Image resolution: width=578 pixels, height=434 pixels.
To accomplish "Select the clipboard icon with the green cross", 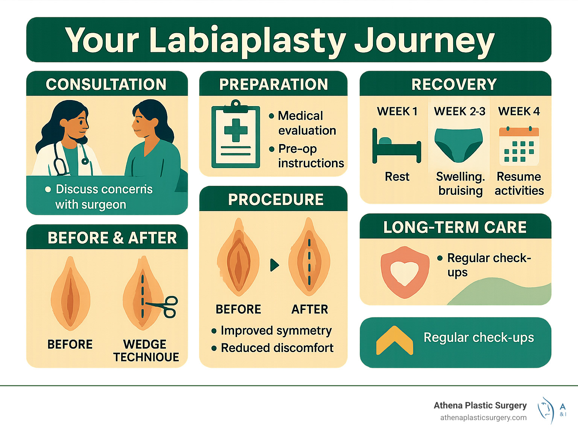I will click(236, 135).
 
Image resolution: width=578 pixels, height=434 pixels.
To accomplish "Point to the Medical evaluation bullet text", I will click(306, 123).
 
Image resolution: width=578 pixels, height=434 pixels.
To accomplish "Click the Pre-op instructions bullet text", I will click(310, 156).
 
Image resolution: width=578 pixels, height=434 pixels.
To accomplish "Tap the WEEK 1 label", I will click(397, 111).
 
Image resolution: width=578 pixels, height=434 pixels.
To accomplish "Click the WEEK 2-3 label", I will click(459, 111).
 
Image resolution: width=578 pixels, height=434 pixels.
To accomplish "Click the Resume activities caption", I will click(519, 184).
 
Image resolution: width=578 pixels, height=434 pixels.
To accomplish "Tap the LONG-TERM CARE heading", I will click(455, 227).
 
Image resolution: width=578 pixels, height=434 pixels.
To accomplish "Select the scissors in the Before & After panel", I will click(166, 307).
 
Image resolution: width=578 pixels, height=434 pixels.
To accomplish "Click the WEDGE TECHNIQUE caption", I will click(146, 351).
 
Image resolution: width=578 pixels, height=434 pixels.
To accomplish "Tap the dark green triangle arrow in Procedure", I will click(275, 265).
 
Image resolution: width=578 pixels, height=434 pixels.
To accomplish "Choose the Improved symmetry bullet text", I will click(276, 331).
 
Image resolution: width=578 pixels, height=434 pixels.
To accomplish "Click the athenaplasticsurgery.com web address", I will click(483, 417).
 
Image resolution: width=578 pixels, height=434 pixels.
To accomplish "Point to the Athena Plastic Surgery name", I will click(480, 405).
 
